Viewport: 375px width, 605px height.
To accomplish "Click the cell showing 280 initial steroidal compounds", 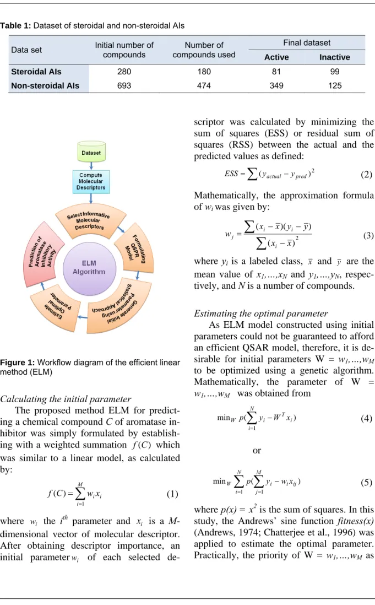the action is [124, 72].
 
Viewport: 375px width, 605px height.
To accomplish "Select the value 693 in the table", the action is [124, 85].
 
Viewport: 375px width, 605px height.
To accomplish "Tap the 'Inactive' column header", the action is [335, 57].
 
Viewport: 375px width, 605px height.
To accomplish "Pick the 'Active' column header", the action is [276, 57].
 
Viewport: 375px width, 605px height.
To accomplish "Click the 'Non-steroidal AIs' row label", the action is [45, 85].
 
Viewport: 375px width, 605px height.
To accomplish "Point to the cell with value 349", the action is [276, 85].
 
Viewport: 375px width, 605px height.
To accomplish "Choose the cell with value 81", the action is [276, 72].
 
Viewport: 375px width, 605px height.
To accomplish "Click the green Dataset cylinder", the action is [91, 152].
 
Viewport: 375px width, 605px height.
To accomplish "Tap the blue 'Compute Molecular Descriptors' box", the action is [91, 181].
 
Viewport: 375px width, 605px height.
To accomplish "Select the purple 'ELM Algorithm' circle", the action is [89, 267].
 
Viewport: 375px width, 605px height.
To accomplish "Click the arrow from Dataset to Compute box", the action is [91, 166].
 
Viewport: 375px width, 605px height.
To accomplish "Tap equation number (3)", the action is [368, 235].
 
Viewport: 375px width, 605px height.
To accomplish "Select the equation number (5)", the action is [366, 482].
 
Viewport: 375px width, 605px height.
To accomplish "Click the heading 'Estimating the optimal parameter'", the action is [261, 314].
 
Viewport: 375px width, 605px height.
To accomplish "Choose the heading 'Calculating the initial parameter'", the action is [66, 399].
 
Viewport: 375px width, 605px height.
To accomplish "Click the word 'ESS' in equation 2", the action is [231, 174].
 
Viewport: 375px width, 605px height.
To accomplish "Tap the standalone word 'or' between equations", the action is [257, 450].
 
